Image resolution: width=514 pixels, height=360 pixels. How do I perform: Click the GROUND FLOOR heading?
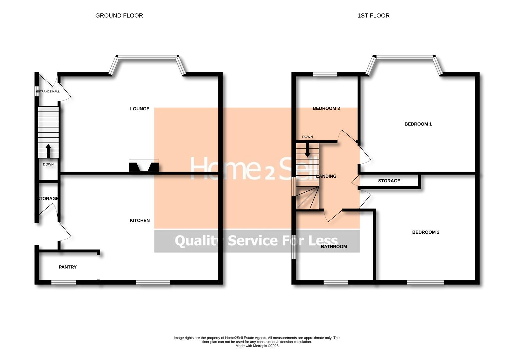point(119,16)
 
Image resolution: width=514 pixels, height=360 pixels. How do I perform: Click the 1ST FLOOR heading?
point(373,16)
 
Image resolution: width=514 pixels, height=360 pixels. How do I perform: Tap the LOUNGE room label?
point(140,109)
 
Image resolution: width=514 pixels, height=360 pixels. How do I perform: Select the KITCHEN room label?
point(140,220)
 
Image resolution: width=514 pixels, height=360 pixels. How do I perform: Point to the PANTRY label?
point(68,267)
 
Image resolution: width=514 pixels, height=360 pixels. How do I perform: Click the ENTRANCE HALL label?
point(48,91)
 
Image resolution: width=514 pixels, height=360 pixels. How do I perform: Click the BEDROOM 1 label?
point(418,124)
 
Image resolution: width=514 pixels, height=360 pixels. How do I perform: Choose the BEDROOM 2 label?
point(426,232)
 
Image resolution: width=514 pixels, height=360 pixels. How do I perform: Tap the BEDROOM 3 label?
point(326,108)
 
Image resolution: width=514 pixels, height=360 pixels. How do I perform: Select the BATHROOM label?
point(334,247)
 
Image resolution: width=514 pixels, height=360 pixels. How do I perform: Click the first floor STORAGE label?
point(389,181)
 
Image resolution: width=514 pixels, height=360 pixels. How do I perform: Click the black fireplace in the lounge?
point(144,167)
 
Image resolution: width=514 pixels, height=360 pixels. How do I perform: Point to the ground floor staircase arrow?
point(48,150)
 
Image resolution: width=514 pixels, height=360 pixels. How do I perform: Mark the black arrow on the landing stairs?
point(307,150)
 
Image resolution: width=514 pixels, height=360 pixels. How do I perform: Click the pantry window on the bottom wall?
point(64,282)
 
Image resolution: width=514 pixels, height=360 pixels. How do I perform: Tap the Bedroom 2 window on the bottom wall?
point(425,282)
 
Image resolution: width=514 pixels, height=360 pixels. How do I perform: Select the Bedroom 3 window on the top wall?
point(325,74)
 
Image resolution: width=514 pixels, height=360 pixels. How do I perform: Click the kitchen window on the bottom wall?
point(153,282)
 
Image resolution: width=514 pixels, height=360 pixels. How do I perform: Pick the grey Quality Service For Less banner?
point(257,241)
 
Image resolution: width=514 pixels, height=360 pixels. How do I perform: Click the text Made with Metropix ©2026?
point(257,346)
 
